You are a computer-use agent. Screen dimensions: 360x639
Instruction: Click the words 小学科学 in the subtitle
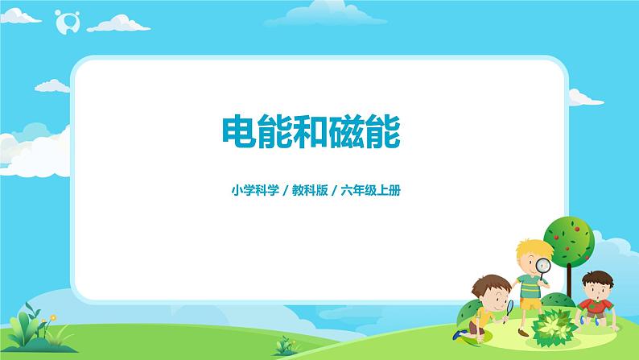[252, 192]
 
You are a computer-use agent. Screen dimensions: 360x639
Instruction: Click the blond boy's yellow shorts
[530, 304]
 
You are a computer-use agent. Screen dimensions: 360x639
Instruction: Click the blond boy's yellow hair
[529, 246]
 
